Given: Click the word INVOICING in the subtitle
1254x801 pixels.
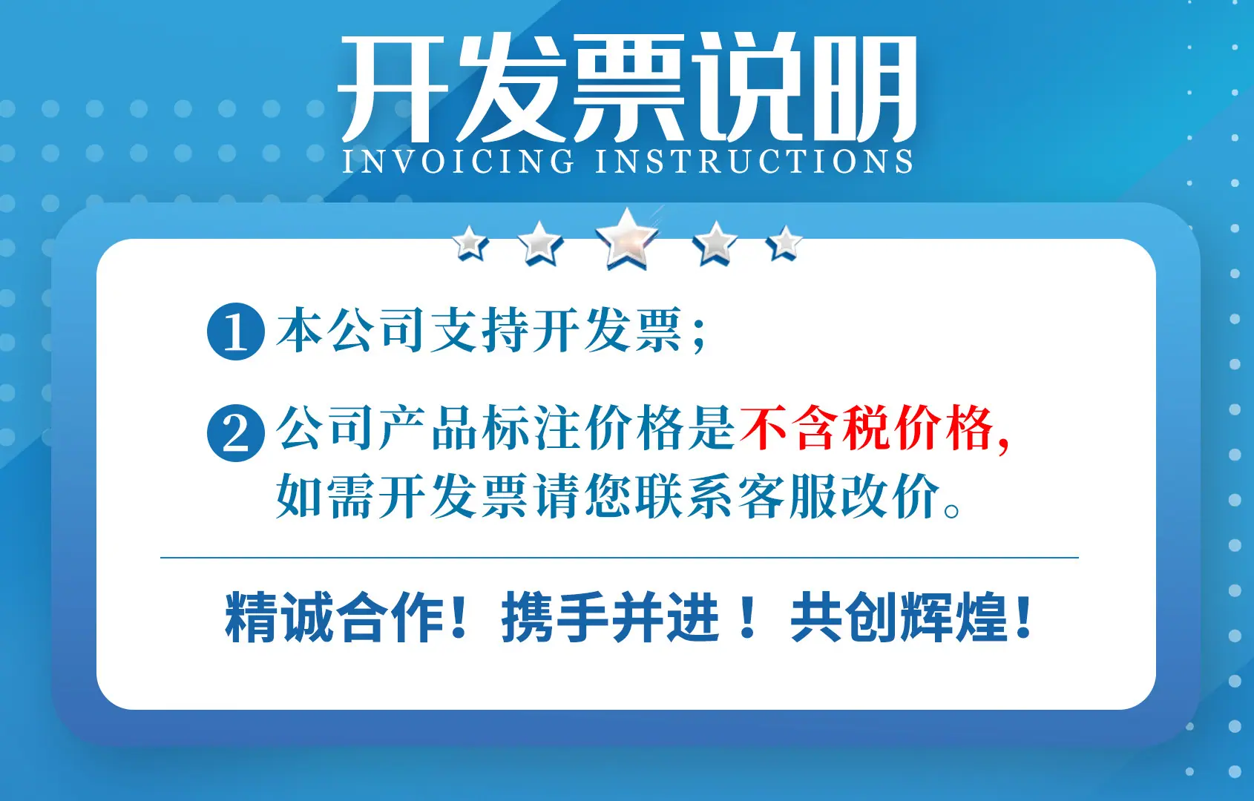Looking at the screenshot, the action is [458, 161].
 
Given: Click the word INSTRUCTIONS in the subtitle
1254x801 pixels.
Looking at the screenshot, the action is [754, 161].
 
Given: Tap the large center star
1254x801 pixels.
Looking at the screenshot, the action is [626, 239].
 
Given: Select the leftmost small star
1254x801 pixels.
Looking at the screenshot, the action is [470, 243].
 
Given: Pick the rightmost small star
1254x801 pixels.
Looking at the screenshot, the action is [784, 243].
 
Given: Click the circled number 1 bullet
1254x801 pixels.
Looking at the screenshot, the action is [236, 332].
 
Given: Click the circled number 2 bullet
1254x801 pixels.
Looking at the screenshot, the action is [236, 432].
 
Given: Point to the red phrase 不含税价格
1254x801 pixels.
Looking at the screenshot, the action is [867, 428].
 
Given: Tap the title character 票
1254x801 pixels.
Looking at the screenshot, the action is [629, 88].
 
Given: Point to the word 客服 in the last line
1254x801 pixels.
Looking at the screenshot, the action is [789, 496].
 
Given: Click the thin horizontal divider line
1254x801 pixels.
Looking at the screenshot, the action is [619, 558].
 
